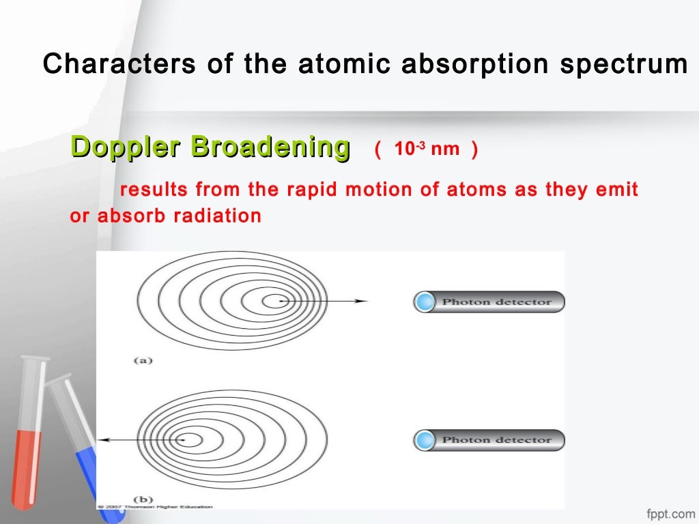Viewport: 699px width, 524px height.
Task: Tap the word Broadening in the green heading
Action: tap(270, 147)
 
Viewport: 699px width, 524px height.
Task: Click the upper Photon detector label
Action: tap(496, 302)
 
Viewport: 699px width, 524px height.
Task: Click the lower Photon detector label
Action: tap(496, 440)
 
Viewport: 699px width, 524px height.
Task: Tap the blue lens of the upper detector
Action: tap(425, 302)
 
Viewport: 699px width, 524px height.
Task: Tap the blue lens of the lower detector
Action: tap(425, 440)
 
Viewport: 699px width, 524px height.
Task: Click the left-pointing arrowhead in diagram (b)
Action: tap(100, 441)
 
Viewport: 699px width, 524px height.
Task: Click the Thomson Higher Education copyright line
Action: tap(156, 507)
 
